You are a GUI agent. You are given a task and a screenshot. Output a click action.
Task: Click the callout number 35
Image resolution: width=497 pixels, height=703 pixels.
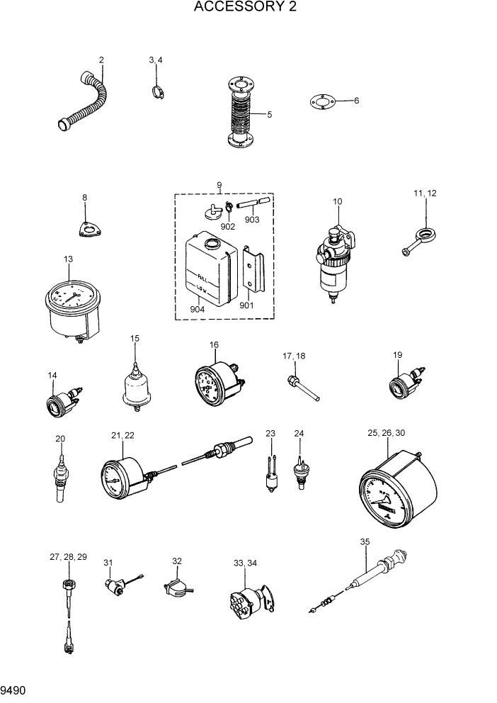365,541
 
